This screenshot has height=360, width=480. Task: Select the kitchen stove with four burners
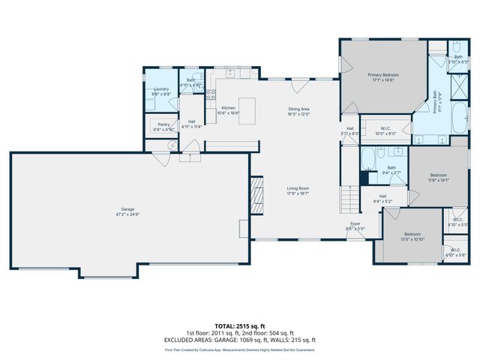211,95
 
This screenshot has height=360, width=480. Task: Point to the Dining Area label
299,110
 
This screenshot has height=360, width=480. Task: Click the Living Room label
298,190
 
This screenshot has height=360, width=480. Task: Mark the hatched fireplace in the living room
257,195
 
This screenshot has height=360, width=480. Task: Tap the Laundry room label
161,91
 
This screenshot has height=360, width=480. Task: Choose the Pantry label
163,127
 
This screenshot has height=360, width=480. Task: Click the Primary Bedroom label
382,76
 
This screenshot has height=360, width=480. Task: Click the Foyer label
354,225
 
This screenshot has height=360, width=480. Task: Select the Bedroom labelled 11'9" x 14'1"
438,177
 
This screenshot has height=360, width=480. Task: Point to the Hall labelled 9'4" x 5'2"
383,199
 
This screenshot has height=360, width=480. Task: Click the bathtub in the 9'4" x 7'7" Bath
369,159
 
